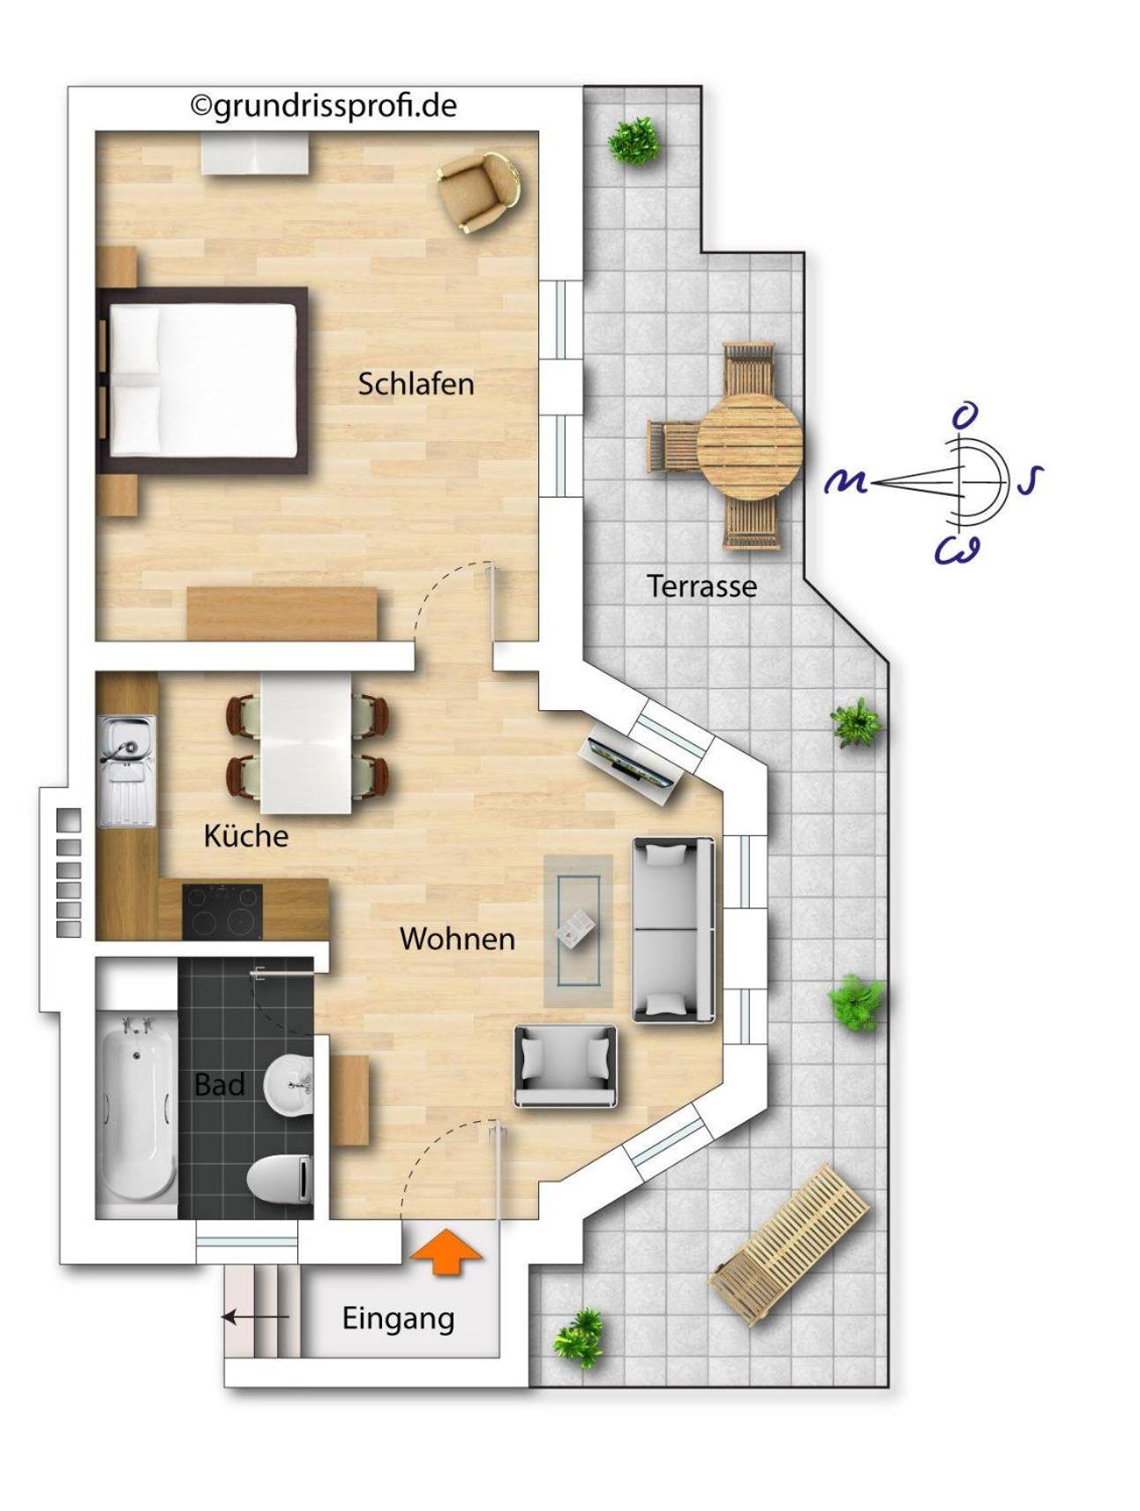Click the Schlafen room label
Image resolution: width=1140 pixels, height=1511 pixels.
pyautogui.click(x=416, y=384)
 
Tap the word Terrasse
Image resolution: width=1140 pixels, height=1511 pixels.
pyautogui.click(x=701, y=586)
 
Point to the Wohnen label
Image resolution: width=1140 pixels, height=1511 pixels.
pyautogui.click(x=457, y=938)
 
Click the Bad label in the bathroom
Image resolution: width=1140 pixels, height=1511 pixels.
pyautogui.click(x=219, y=1084)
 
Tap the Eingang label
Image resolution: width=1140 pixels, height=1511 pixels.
pyautogui.click(x=398, y=1319)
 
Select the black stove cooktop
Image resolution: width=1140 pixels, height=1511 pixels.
pyautogui.click(x=222, y=911)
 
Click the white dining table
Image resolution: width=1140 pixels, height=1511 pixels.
pyautogui.click(x=305, y=743)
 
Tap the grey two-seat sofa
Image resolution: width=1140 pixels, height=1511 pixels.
pyautogui.click(x=674, y=930)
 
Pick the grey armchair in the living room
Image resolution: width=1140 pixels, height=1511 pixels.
pyautogui.click(x=566, y=1066)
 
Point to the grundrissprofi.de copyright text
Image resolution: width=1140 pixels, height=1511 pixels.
pyautogui.click(x=324, y=106)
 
